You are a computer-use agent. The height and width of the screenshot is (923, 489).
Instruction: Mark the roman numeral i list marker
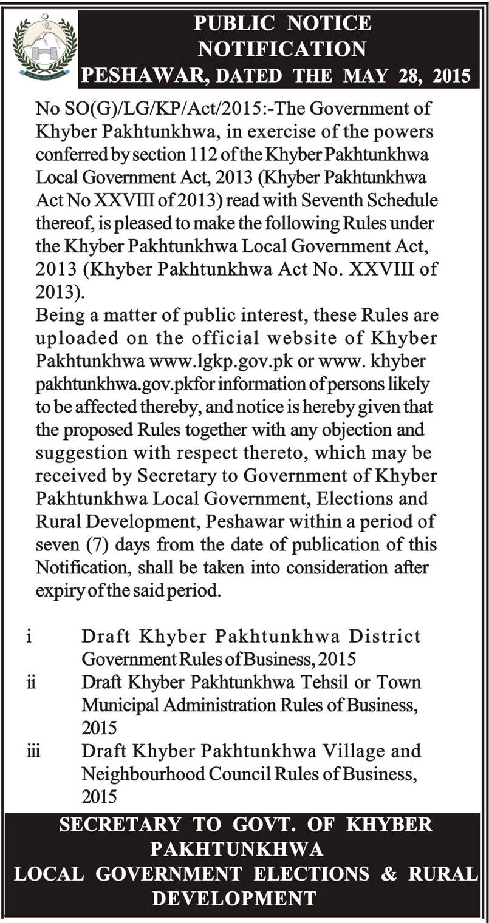[29, 636]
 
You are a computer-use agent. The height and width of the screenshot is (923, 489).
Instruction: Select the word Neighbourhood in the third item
[139, 774]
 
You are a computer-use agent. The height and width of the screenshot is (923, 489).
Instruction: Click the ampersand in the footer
[389, 874]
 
